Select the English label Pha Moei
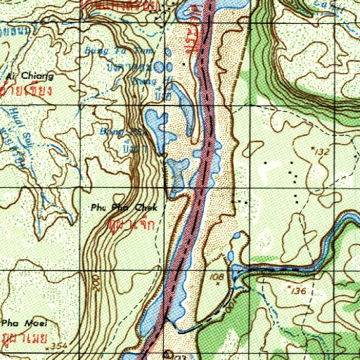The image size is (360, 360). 15,323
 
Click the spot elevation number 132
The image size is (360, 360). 323,151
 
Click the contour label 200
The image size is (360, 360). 94,281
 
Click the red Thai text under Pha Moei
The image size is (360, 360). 21,337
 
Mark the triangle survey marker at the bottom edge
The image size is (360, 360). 167,354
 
